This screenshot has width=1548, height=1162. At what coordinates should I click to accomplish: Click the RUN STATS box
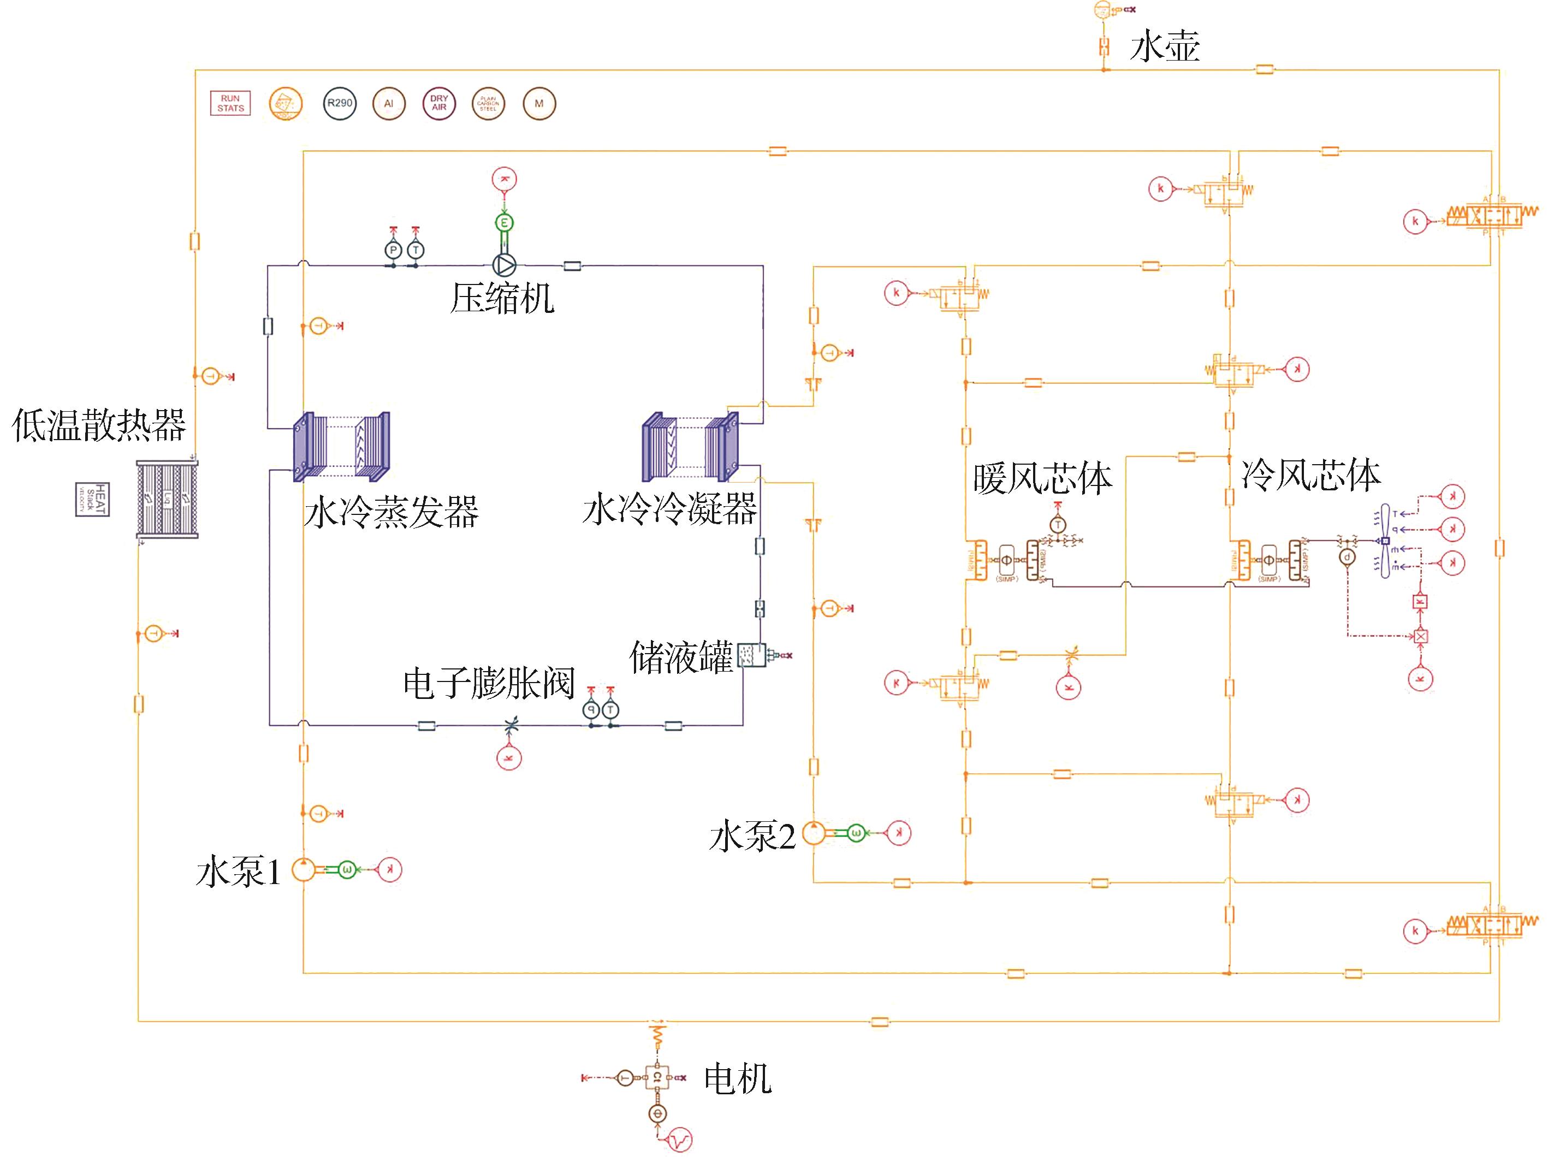(x=230, y=104)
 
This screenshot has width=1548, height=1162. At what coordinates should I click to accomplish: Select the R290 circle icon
(x=340, y=104)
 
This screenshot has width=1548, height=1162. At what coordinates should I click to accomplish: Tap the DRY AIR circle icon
(x=439, y=104)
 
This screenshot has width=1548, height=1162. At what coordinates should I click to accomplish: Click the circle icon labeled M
(x=539, y=104)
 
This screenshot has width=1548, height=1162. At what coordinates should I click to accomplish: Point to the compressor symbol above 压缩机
(x=504, y=265)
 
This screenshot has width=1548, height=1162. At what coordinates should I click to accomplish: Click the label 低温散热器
(x=99, y=425)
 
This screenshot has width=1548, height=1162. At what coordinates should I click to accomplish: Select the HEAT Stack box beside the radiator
(x=93, y=499)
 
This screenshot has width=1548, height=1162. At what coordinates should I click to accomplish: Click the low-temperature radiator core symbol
(x=167, y=499)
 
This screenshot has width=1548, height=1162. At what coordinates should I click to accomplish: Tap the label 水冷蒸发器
(x=391, y=512)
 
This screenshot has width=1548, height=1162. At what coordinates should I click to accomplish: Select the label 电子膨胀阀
(x=489, y=683)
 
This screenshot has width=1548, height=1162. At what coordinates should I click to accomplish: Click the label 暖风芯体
(x=1042, y=479)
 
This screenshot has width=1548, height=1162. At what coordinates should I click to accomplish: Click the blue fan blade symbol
(x=1384, y=541)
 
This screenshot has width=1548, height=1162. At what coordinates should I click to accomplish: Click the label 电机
(x=738, y=1078)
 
